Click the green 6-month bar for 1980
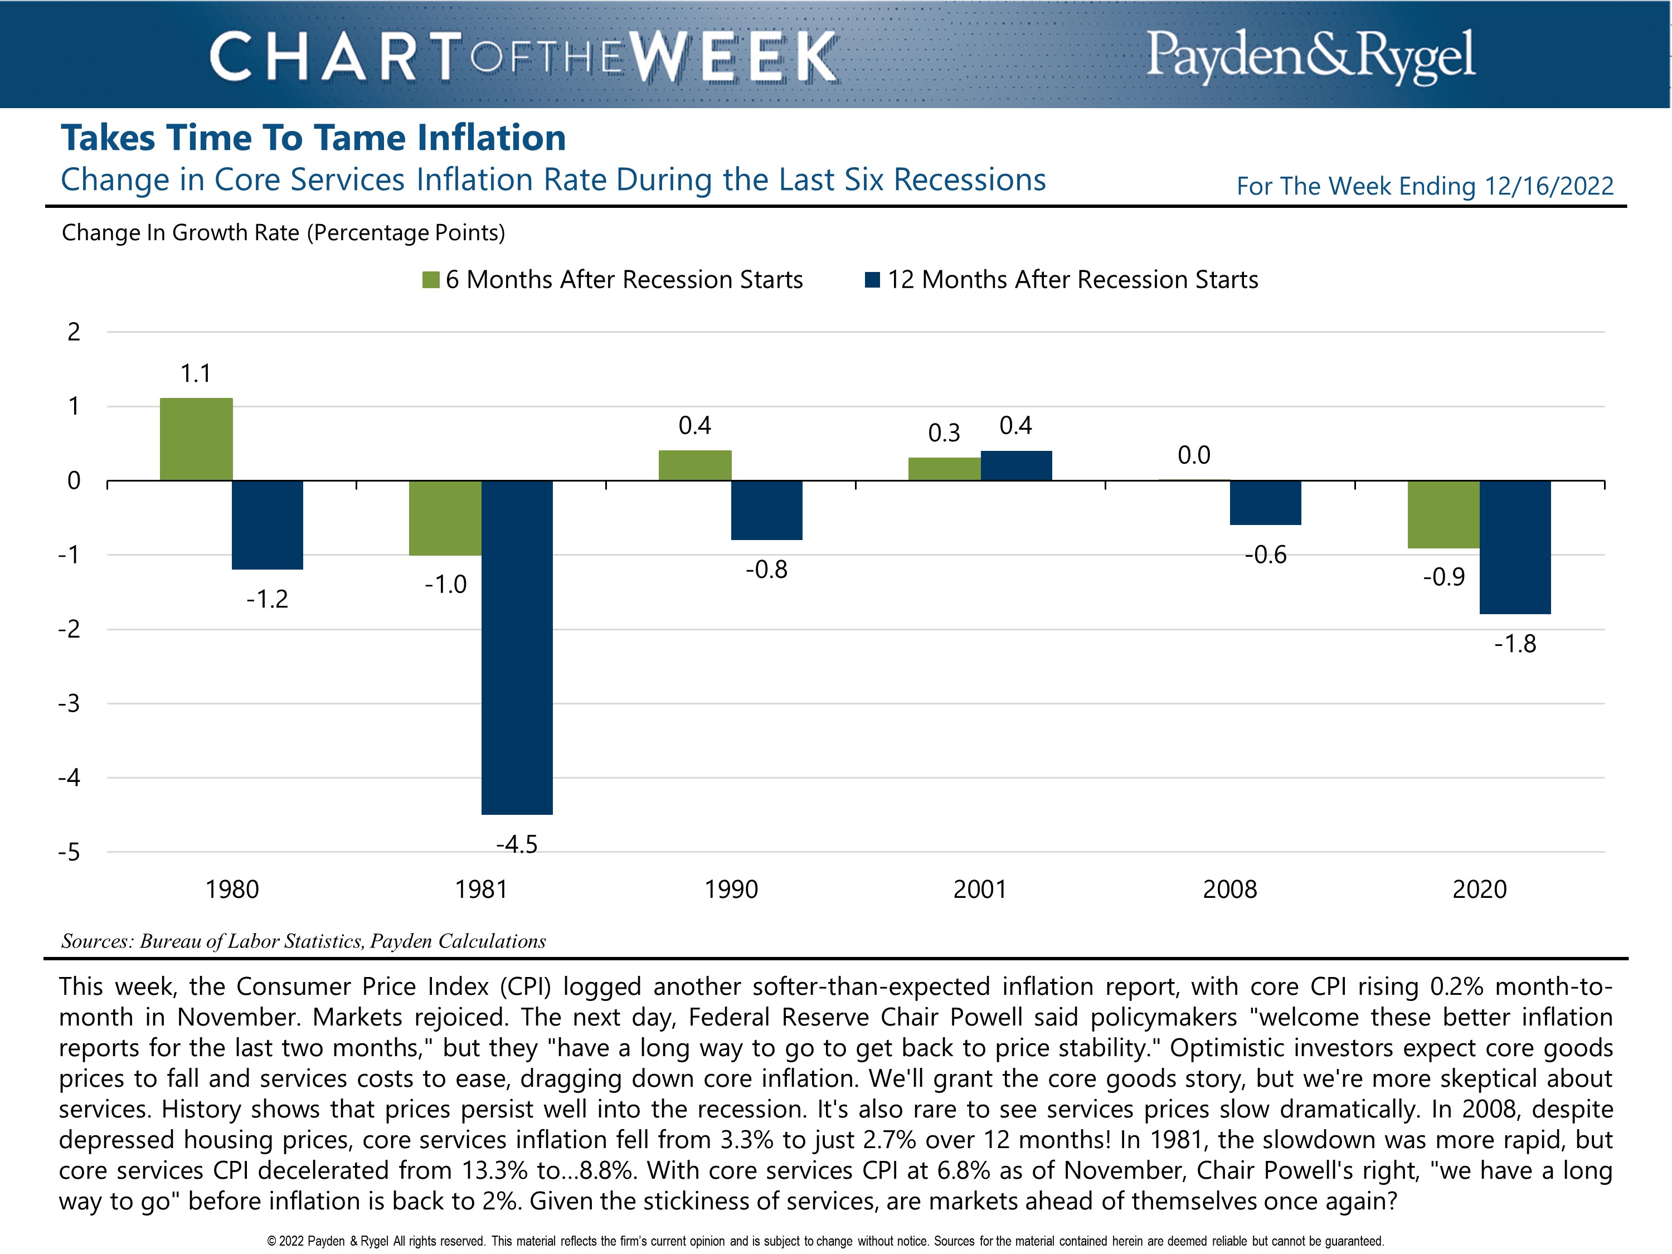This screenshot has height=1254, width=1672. click(196, 439)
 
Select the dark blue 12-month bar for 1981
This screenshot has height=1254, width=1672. click(517, 647)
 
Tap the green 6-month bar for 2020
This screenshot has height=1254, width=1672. click(1443, 514)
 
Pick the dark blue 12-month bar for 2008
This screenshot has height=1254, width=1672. click(1265, 503)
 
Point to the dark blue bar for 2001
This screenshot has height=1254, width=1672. click(1016, 465)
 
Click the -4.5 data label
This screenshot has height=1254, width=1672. click(517, 844)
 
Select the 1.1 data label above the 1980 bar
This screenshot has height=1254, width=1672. click(196, 373)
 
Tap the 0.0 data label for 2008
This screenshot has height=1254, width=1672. click(1194, 455)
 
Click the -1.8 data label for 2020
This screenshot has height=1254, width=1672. click(1515, 644)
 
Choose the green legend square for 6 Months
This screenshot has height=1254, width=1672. click(431, 280)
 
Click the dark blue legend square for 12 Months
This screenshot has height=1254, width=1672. click(872, 280)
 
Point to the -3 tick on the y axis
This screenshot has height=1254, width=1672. click(70, 704)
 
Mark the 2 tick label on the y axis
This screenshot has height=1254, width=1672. click(74, 332)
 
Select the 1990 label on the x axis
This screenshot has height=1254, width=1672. click(731, 889)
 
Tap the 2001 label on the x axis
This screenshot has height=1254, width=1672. click(980, 889)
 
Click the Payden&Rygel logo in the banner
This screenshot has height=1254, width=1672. click(1311, 55)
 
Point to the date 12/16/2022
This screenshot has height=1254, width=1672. click(1549, 186)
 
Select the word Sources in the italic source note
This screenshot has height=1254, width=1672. click(96, 941)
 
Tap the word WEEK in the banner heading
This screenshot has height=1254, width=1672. click(733, 57)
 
